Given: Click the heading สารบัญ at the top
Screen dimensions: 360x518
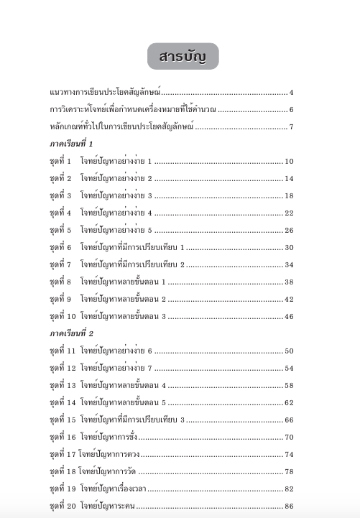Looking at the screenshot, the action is pyautogui.click(x=183, y=56).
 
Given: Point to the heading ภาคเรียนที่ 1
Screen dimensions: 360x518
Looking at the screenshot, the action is pyautogui.click(x=72, y=144).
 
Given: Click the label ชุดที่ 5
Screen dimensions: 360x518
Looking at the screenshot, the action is pyautogui.click(x=61, y=231).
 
